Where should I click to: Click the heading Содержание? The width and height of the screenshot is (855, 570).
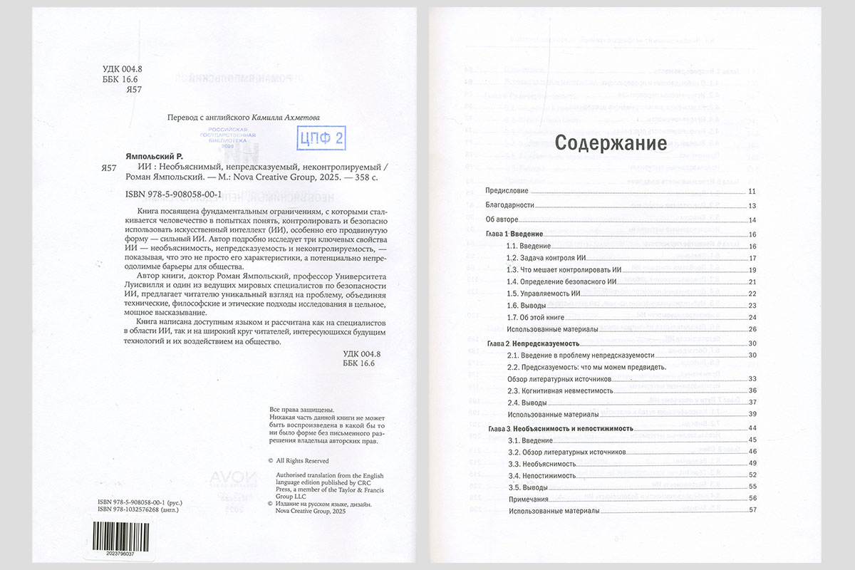pyautogui.click(x=611, y=143)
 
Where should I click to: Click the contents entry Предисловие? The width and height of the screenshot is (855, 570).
pyautogui.click(x=507, y=192)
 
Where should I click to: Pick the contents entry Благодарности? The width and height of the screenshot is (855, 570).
pyautogui.click(x=510, y=206)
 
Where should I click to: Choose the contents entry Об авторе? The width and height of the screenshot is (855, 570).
pyautogui.click(x=502, y=219)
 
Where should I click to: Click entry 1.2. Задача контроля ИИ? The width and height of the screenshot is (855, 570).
pyautogui.click(x=546, y=258)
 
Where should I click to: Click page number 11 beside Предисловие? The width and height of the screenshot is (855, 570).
pyautogui.click(x=752, y=192)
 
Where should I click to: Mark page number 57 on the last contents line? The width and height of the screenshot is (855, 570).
pyautogui.click(x=752, y=511)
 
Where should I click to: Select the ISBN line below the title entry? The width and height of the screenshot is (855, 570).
pyautogui.click(x=164, y=192)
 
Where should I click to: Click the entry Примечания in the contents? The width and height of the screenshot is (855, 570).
pyautogui.click(x=528, y=499)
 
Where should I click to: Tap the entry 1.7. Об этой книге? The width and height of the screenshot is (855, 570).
pyautogui.click(x=535, y=316)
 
